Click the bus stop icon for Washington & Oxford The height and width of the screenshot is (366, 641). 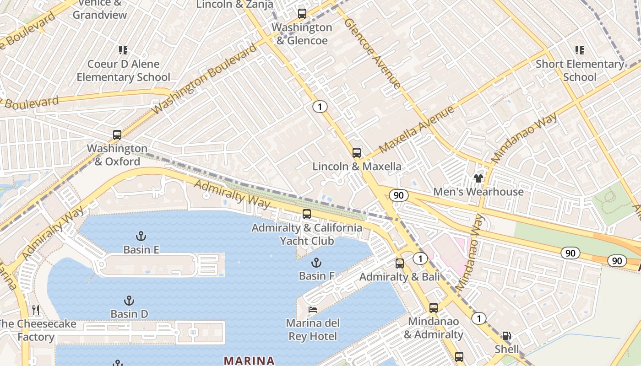click(x=117, y=135)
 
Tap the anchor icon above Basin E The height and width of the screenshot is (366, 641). click(x=141, y=236)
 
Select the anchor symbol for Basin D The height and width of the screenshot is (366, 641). click(x=129, y=301)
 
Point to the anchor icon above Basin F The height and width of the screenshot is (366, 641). click(x=316, y=263)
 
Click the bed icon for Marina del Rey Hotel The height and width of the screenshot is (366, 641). click(x=312, y=310)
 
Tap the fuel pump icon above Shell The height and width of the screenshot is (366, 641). click(x=506, y=336)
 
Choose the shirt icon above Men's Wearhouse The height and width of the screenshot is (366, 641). click(x=478, y=178)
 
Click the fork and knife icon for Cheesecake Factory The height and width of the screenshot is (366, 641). click(x=36, y=310)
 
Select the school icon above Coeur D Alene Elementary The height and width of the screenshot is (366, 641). click(x=123, y=50)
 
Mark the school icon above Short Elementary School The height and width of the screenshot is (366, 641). click(x=580, y=50)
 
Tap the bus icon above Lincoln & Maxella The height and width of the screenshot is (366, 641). click(x=357, y=153)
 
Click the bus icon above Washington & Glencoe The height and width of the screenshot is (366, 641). click(x=302, y=14)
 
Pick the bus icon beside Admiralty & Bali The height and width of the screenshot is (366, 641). click(x=400, y=264)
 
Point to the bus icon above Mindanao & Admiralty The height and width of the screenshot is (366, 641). click(x=434, y=308)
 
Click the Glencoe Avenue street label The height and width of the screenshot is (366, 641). click(x=372, y=53)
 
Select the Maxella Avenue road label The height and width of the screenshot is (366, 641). click(x=417, y=129)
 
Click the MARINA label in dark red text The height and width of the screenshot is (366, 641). click(x=249, y=361)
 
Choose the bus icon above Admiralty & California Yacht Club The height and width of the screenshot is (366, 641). click(x=307, y=214)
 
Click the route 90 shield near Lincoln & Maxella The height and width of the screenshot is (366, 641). click(x=398, y=195)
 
